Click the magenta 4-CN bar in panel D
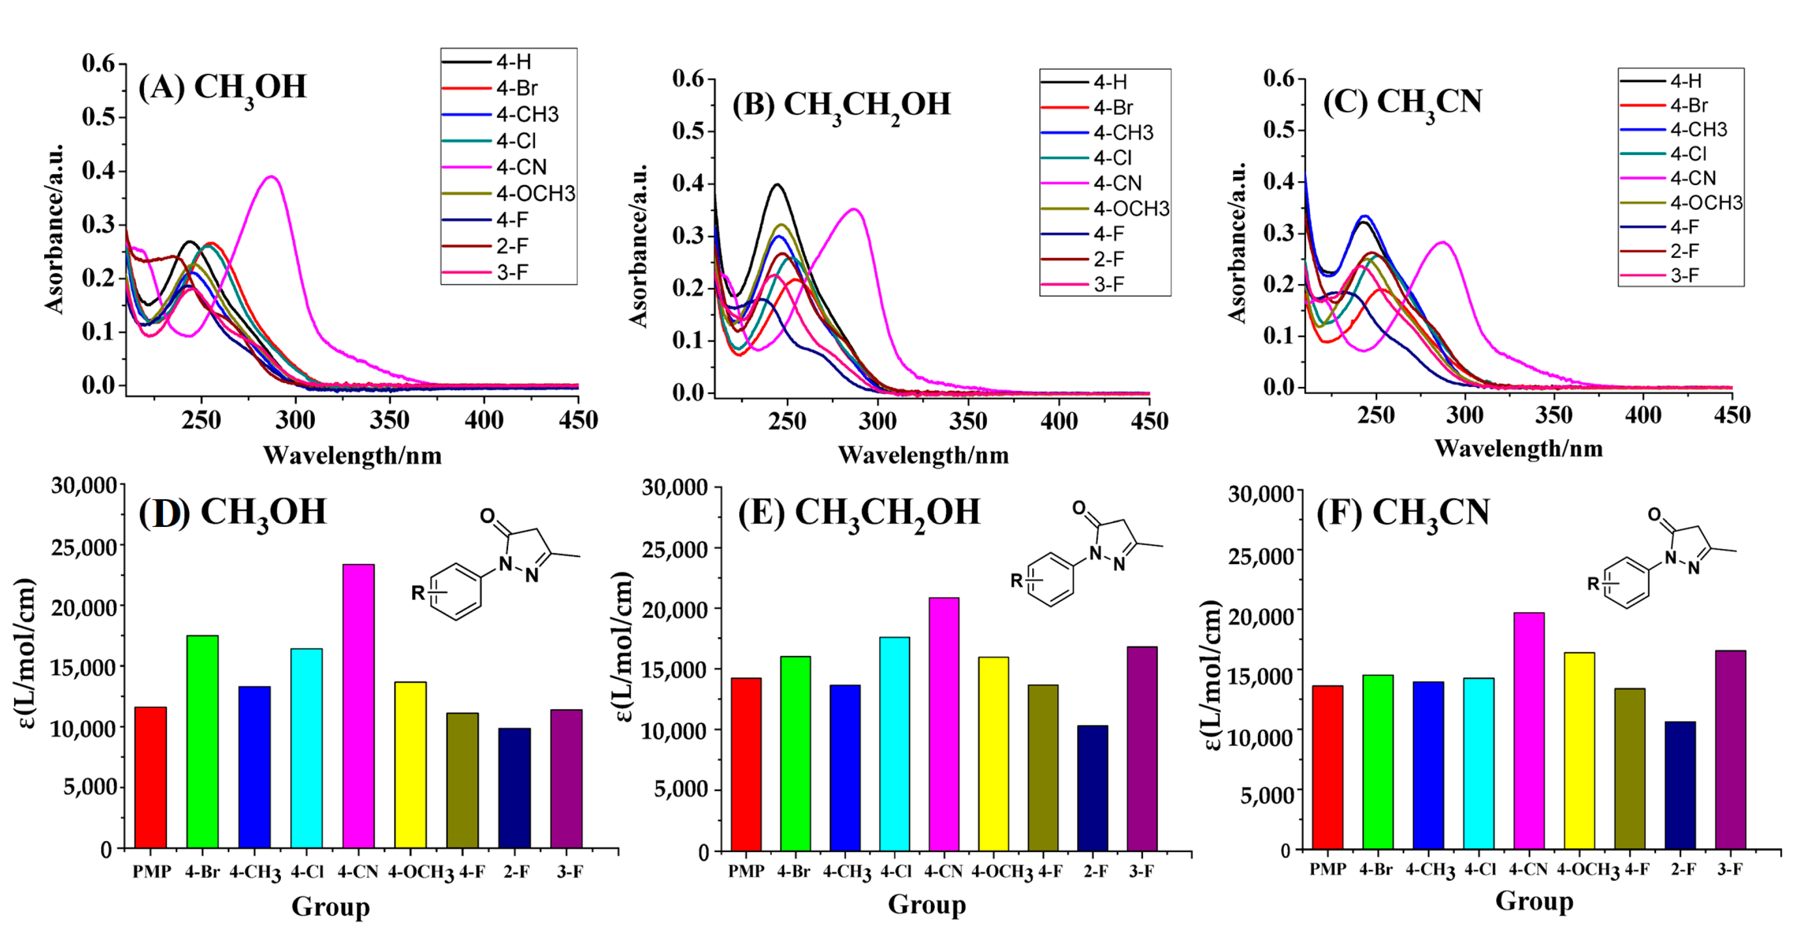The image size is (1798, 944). click(358, 705)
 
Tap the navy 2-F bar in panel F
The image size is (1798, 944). click(1679, 785)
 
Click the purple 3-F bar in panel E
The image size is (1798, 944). click(1142, 748)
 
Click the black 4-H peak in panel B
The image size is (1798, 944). click(777, 185)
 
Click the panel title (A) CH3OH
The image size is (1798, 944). click(222, 89)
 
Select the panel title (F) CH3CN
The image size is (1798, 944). click(1403, 513)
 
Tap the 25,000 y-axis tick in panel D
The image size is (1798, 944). click(83, 547)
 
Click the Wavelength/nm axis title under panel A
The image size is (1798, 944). click(353, 455)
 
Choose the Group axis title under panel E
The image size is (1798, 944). click(926, 904)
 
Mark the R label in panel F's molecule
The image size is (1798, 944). click(1593, 583)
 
